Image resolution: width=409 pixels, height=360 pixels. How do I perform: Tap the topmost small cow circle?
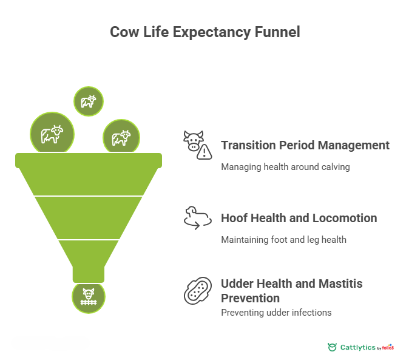pyautogui.click(x=89, y=101)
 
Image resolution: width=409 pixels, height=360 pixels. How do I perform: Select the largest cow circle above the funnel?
pyautogui.click(x=52, y=134)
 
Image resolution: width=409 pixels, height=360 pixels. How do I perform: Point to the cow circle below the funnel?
pyautogui.click(x=89, y=297)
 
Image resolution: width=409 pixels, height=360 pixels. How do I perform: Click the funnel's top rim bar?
pyautogui.click(x=89, y=160)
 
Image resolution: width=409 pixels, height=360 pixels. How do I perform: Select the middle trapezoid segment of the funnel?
pyautogui.click(x=89, y=217)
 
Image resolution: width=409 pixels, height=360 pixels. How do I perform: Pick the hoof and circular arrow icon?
pyautogui.click(x=197, y=218)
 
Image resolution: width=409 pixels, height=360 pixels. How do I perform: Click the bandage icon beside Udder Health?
pyautogui.click(x=197, y=290)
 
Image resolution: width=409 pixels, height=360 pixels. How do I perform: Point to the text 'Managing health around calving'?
pyautogui.click(x=285, y=166)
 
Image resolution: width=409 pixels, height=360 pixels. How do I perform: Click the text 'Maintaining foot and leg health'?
pyautogui.click(x=283, y=239)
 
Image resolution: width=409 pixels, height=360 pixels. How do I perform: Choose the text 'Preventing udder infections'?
pyautogui.click(x=276, y=313)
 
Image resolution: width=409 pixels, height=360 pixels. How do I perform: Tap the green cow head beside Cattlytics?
pyautogui.click(x=332, y=347)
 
